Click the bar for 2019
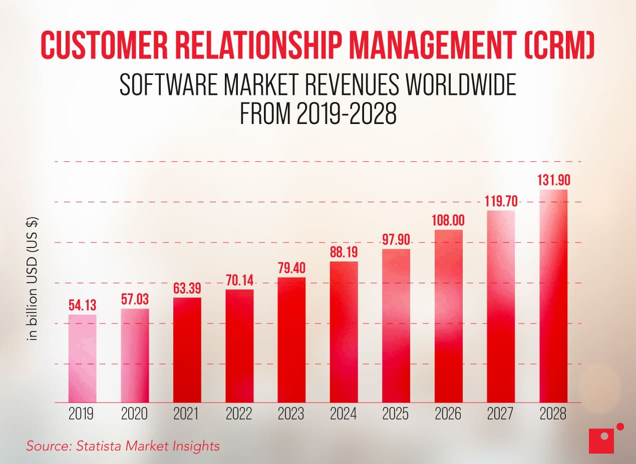(x=82, y=358)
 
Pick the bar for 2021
(x=187, y=350)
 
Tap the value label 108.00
(x=448, y=220)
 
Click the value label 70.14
(x=239, y=280)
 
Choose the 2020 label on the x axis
(x=135, y=414)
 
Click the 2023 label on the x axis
(x=291, y=414)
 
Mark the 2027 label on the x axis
(x=501, y=414)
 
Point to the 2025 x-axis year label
(x=396, y=414)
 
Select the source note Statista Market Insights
(x=123, y=445)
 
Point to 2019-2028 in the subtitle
(x=347, y=114)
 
